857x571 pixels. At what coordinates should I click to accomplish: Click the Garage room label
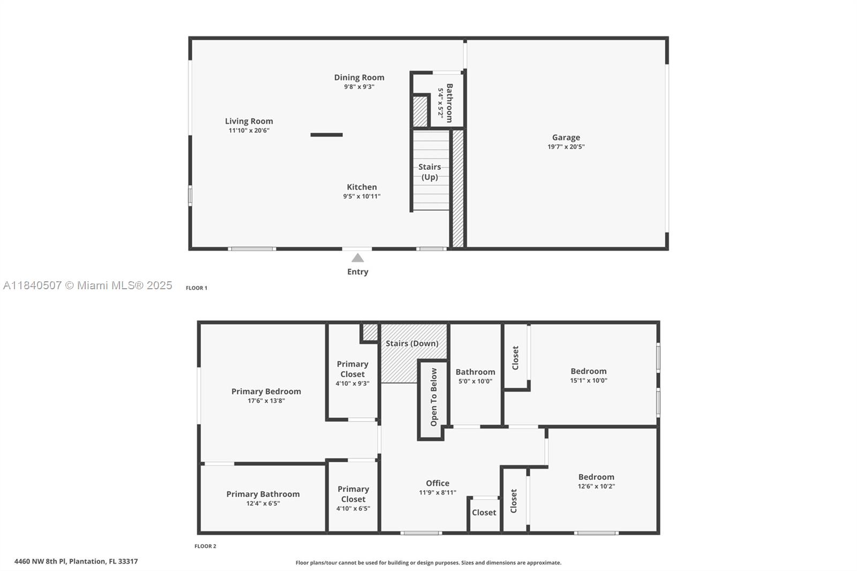click(566, 138)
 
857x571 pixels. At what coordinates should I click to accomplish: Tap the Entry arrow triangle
click(358, 258)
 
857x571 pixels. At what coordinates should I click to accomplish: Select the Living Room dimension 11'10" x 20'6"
click(249, 131)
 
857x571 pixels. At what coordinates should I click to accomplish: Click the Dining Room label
click(359, 78)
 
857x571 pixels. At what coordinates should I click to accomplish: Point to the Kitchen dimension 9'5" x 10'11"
click(362, 197)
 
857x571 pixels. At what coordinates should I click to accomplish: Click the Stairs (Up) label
click(430, 172)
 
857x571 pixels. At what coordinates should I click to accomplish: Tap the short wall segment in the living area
click(326, 135)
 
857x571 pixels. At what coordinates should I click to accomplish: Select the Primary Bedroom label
click(266, 392)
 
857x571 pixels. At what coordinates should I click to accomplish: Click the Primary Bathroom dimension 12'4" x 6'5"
click(262, 504)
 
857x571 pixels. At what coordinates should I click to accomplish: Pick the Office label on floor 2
click(437, 483)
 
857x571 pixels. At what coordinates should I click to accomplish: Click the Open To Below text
click(433, 397)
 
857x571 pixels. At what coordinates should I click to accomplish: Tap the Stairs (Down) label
click(412, 343)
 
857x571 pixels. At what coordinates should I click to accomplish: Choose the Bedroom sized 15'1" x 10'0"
click(588, 371)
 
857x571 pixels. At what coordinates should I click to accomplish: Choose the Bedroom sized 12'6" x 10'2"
click(596, 477)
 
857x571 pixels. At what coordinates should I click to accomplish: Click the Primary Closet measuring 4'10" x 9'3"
click(352, 369)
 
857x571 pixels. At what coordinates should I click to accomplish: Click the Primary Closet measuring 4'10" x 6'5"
click(353, 494)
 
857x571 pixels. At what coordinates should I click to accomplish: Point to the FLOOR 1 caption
click(197, 288)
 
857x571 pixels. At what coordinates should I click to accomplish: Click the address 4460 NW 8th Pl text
click(76, 561)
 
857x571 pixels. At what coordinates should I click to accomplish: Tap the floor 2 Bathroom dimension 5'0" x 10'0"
click(475, 382)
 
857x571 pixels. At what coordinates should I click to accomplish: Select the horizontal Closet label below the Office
click(484, 513)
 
